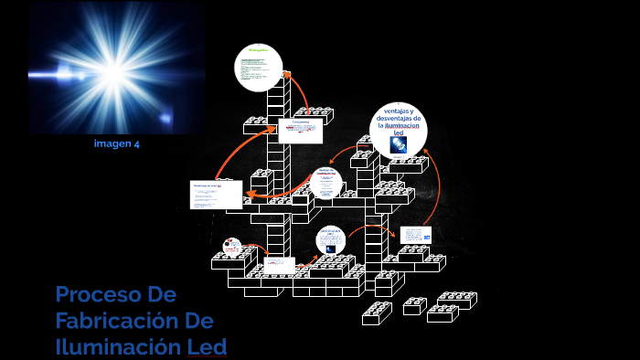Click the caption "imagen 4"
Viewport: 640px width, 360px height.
116,143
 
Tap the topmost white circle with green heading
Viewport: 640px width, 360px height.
259,68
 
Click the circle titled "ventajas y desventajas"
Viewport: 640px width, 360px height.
399,130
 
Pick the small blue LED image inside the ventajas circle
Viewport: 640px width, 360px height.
399,144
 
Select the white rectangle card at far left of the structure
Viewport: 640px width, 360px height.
217,194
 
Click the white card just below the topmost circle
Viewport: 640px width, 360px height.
300,130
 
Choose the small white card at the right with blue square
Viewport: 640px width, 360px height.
415,237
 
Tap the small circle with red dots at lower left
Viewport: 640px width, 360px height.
232,246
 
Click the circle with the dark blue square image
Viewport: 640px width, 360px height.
330,241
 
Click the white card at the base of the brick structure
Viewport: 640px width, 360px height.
280,266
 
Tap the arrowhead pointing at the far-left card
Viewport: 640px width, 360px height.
247,192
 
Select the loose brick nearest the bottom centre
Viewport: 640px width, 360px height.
377,312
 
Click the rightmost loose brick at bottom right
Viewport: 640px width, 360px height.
457,300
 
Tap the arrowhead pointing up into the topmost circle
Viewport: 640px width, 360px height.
285,75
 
